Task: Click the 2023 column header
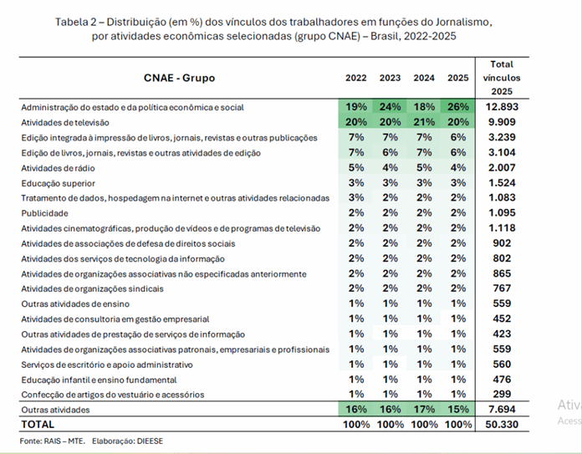click(390, 78)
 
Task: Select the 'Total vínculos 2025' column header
click(502, 78)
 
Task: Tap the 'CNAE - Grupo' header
click(179, 78)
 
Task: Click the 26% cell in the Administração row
click(458, 107)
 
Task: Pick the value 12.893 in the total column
click(502, 107)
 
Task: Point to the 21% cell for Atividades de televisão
click(424, 122)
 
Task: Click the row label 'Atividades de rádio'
click(58, 168)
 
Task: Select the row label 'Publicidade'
click(44, 213)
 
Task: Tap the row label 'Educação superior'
click(59, 183)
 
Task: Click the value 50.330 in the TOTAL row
click(502, 424)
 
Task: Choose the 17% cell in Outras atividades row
click(424, 410)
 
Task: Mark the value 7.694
click(502, 410)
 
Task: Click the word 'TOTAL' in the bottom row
click(38, 424)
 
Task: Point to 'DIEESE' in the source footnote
click(150, 441)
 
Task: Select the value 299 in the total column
click(502, 395)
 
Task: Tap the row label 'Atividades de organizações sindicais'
click(92, 288)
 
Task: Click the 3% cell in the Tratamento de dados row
click(356, 198)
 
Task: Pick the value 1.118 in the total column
click(502, 228)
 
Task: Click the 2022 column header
click(356, 78)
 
